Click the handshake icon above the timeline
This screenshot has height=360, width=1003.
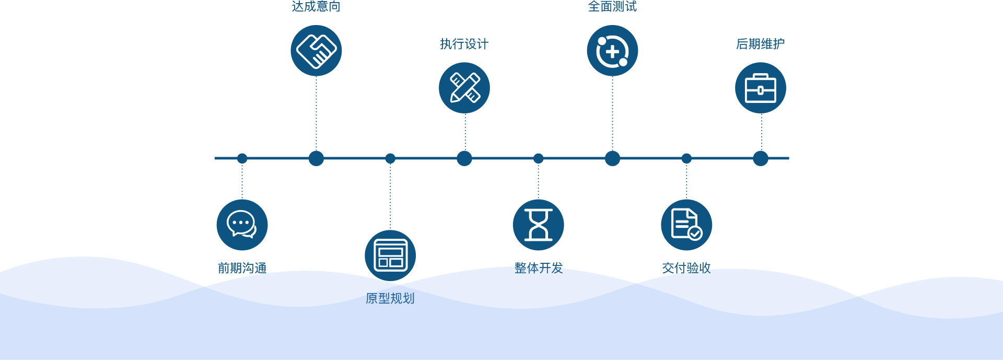point(316,51)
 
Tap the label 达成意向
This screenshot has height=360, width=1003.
point(316,7)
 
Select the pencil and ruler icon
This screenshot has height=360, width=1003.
point(464,88)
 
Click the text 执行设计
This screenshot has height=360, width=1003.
point(464,44)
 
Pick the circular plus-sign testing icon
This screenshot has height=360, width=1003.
point(612,51)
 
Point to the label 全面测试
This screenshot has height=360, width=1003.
point(612,7)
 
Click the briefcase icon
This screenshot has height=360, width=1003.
point(761,88)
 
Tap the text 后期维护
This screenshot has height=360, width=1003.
point(761,44)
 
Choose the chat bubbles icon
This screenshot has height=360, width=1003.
point(242,225)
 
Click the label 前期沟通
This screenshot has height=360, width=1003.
point(242,268)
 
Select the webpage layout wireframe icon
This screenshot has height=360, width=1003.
point(390,256)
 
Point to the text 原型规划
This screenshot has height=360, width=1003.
point(390,298)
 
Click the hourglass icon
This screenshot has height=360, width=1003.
point(538,225)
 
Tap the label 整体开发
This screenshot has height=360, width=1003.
point(538,268)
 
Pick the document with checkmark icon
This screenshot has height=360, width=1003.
point(686,225)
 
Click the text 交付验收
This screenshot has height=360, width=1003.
point(686,268)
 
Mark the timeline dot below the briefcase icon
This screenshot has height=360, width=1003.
point(761,158)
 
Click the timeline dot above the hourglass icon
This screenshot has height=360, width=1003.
point(538,158)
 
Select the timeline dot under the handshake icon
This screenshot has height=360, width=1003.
point(316,158)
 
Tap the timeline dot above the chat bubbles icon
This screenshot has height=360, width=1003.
point(242,158)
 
